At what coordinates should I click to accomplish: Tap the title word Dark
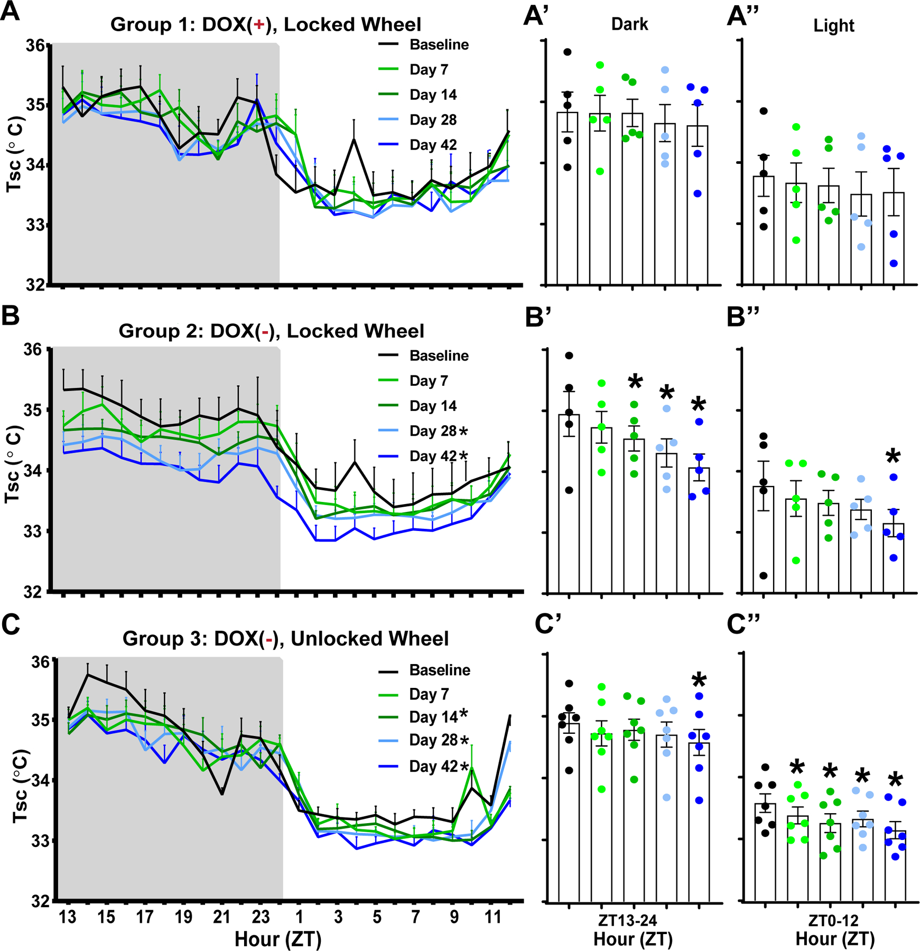click(629, 24)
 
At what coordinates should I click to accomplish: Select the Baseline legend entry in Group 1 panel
click(439, 45)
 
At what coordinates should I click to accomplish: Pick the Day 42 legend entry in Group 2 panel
click(433, 456)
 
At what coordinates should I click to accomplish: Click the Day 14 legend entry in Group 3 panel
click(433, 717)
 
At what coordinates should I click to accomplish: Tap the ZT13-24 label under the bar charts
click(627, 921)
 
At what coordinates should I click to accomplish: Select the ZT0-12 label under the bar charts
click(834, 921)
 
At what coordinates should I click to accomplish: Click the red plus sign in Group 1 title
click(259, 25)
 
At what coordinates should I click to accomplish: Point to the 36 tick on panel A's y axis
click(36, 46)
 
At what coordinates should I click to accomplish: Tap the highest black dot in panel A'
click(568, 52)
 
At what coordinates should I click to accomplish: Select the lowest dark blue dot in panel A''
click(894, 263)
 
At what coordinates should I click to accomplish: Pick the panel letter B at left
click(11, 316)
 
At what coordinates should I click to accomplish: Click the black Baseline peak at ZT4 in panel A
click(354, 139)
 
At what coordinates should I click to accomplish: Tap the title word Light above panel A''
click(833, 25)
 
